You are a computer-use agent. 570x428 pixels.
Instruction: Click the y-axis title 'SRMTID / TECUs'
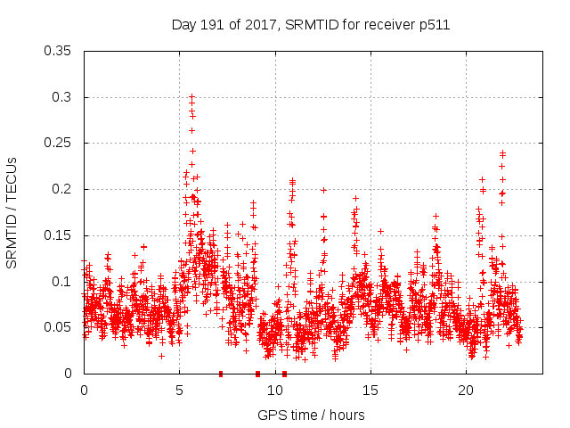[x=12, y=212]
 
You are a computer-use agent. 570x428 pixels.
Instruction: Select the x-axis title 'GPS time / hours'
[x=311, y=415]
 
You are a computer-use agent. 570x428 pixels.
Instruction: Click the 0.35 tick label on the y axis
[x=58, y=51]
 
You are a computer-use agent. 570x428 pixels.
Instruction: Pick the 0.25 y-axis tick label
[x=58, y=143]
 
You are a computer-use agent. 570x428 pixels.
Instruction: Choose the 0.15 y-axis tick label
[x=58, y=235]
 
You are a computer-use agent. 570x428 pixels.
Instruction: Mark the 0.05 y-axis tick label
[x=58, y=327]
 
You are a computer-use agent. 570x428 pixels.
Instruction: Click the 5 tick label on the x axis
[x=179, y=391]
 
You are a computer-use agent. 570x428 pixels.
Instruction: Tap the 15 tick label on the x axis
[x=370, y=391]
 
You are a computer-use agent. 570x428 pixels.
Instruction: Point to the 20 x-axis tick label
[x=466, y=391]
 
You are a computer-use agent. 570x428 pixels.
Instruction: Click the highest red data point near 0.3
[x=191, y=96]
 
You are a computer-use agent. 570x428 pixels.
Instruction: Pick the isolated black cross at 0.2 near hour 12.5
[x=323, y=189]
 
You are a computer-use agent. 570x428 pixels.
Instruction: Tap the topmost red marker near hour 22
[x=502, y=152]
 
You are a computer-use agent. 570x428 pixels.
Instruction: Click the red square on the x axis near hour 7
[x=220, y=374]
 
